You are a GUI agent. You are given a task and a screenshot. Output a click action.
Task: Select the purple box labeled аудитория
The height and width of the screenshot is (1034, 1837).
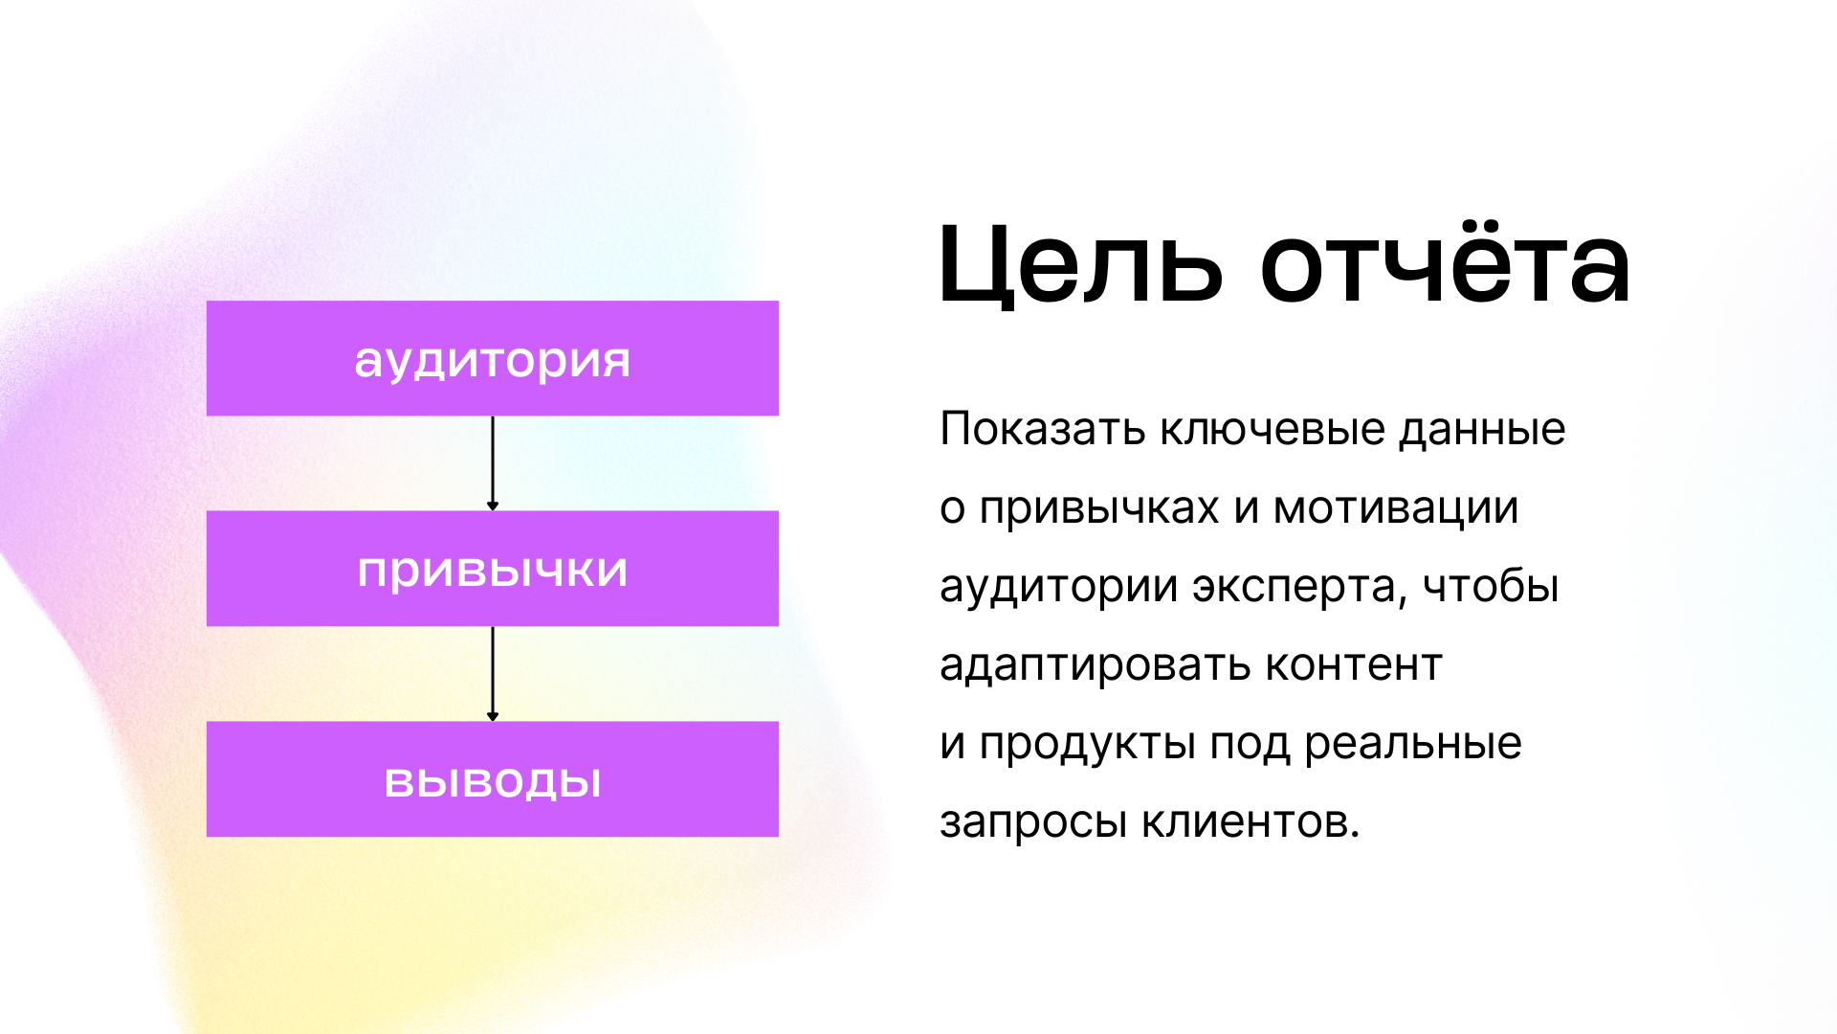click(x=493, y=358)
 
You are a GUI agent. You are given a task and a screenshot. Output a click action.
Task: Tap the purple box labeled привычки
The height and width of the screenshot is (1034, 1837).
click(x=493, y=569)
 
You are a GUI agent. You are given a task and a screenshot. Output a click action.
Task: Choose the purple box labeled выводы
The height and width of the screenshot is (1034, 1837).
click(x=493, y=779)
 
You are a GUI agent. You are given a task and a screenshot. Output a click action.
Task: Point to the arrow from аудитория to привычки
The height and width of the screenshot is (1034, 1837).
click(x=493, y=463)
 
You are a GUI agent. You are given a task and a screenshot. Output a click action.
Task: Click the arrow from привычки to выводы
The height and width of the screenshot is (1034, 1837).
click(x=493, y=674)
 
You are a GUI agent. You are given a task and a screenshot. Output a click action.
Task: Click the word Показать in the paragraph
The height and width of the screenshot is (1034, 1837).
click(x=1042, y=429)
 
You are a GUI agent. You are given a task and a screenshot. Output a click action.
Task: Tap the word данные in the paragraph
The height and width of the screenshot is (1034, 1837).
click(x=1482, y=429)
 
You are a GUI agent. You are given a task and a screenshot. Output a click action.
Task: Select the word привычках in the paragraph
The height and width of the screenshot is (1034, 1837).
click(x=1098, y=508)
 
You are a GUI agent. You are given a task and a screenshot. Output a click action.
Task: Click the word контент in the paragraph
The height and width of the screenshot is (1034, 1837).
click(x=1353, y=665)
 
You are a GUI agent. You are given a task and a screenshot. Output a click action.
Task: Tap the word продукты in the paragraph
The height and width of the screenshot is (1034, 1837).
click(x=1087, y=744)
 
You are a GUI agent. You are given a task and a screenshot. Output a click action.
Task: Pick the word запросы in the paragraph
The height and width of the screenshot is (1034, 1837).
click(x=1032, y=822)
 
